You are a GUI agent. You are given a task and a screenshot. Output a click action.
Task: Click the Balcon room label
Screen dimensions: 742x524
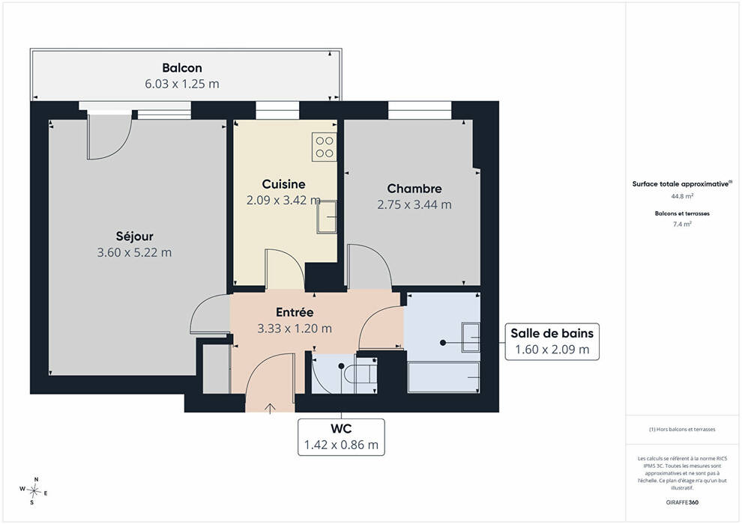(181, 68)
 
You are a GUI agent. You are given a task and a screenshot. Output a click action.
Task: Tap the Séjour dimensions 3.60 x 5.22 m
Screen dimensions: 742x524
(134, 252)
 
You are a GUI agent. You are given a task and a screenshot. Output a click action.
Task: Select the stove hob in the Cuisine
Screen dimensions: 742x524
(324, 147)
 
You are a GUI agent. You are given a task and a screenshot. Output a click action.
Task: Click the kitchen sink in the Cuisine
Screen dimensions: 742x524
(327, 217)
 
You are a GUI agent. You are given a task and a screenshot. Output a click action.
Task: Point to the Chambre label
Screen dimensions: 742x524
(414, 189)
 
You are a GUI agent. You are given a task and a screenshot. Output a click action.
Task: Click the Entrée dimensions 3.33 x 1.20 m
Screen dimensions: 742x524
(295, 329)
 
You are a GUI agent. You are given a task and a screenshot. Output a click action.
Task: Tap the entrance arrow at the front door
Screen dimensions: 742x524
(271, 408)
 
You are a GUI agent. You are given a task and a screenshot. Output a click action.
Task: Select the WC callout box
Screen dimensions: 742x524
(341, 437)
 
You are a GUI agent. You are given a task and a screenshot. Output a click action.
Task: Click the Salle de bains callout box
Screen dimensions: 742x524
(552, 341)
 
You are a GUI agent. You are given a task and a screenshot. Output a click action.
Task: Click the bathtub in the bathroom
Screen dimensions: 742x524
(444, 377)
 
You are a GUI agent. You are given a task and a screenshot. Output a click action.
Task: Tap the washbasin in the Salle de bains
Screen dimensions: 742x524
(471, 337)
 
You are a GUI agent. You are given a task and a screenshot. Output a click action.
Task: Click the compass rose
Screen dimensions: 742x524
(34, 491)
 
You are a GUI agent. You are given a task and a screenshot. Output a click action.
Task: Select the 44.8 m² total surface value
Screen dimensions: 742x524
(682, 195)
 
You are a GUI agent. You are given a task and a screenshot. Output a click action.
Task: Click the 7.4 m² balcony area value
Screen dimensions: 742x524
(682, 224)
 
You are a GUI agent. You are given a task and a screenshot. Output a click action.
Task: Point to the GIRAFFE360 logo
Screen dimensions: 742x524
(682, 502)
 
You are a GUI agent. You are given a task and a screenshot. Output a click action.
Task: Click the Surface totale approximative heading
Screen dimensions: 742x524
(682, 184)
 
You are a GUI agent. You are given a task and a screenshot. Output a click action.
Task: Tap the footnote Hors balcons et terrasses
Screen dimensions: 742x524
(682, 430)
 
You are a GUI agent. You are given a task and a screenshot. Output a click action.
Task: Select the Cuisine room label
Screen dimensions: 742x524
(283, 184)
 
